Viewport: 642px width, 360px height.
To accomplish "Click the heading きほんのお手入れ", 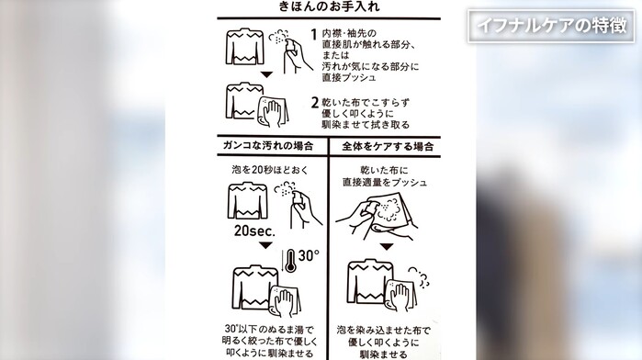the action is coord(329,6).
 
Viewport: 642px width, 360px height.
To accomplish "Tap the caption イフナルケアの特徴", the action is coord(551,26).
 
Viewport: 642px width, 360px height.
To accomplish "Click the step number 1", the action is coord(314,34).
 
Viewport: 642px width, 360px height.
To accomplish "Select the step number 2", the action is coord(314,102).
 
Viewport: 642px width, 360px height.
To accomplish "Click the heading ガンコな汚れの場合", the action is coord(268,146).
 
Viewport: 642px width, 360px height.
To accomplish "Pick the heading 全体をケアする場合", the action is coord(388,147).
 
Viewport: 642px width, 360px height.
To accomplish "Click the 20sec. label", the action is coord(254,231).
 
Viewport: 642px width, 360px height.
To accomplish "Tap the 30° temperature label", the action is coord(309,255).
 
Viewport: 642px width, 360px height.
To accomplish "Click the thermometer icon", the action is coord(290,261).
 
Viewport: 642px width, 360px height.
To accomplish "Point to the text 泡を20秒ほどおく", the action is coord(270,170).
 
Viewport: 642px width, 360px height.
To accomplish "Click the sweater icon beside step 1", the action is coord(245,46).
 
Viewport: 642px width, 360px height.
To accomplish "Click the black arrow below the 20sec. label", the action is coord(265,245).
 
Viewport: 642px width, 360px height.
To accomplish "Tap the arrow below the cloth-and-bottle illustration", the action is coord(386,246).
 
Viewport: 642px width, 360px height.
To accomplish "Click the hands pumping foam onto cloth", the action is coord(376,215).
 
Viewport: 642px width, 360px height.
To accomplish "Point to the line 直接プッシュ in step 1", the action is coord(348,77).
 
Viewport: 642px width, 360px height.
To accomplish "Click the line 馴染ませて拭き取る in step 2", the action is coord(366,125).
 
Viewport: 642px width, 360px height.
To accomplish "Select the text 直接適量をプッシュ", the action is coord(385,182).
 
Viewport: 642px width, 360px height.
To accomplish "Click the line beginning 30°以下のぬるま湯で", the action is coord(269,329).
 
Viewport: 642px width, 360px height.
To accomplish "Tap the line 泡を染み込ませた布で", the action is coord(384,330).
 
